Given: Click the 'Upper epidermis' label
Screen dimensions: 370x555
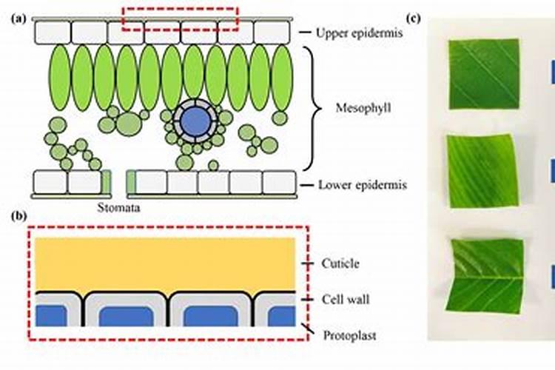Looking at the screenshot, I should pyautogui.click(x=354, y=33).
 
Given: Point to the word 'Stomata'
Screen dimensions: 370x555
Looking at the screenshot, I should pyautogui.click(x=118, y=208).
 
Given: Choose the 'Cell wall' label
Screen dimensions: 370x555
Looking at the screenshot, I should pyautogui.click(x=346, y=300).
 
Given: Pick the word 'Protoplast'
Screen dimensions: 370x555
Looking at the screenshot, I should pyautogui.click(x=349, y=335).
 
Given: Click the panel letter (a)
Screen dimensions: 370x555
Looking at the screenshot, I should pyautogui.click(x=19, y=20).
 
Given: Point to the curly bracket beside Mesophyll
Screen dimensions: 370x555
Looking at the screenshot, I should pyautogui.click(x=315, y=109).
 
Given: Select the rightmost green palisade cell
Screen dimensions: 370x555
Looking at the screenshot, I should pyautogui.click(x=281, y=78).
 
